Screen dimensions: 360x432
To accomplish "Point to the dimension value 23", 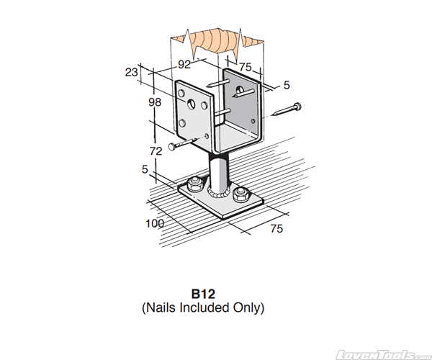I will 131,72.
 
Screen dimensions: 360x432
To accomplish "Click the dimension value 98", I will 155,103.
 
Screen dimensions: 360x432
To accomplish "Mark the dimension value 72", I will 155,151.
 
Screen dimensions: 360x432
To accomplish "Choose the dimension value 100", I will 155,223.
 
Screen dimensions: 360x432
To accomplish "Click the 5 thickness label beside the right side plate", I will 287,86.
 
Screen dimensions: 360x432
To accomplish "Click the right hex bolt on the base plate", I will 242,194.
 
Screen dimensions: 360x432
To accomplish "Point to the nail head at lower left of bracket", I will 172,147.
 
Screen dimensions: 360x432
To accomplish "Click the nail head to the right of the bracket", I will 297,107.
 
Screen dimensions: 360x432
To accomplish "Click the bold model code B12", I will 204,294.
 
